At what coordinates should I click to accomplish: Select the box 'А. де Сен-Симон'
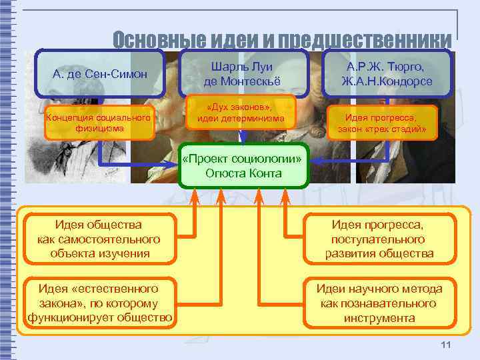tap(99, 73)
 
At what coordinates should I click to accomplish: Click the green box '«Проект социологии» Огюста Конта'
tap(244, 166)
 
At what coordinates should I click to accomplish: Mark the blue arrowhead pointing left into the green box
tap(317, 161)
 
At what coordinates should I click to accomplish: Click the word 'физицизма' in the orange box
tap(99, 129)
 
